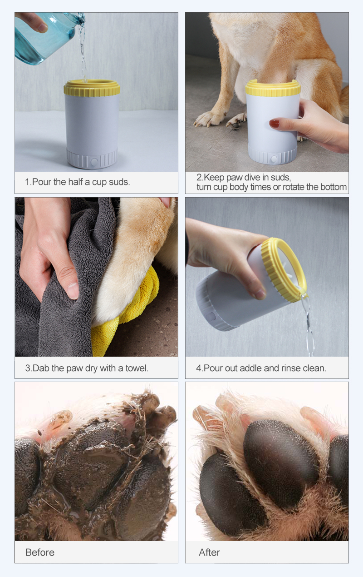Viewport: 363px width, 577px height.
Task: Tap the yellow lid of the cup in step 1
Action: (92, 88)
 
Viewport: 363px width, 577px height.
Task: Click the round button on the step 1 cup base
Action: (94, 162)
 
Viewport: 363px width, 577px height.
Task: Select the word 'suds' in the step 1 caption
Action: (119, 182)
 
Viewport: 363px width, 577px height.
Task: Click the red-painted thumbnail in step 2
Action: (274, 124)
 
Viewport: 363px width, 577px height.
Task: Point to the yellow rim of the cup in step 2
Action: (273, 88)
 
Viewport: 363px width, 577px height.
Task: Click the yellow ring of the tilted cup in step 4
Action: (284, 270)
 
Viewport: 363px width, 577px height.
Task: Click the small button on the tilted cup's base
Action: (211, 317)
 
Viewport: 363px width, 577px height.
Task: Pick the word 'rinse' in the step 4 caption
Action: (291, 368)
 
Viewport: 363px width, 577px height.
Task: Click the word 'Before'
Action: (40, 552)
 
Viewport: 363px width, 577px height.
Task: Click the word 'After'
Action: (210, 552)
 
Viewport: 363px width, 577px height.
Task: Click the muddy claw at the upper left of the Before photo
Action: (60, 418)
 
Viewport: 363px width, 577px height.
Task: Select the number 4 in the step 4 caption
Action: (198, 368)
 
